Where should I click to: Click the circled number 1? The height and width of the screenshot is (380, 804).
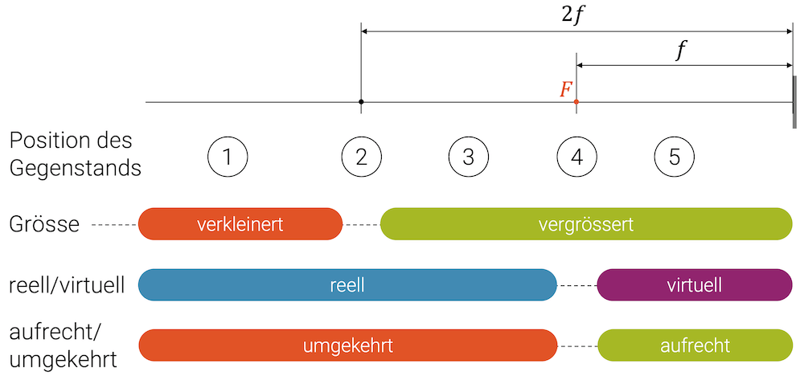[x=228, y=157]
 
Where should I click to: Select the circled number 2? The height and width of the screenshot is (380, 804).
[x=361, y=157]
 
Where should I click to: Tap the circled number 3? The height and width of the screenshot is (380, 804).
[x=469, y=157]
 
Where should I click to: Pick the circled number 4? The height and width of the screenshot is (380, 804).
[x=576, y=157]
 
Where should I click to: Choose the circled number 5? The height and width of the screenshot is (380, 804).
[x=674, y=157]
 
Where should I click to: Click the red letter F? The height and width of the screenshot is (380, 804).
[x=566, y=89]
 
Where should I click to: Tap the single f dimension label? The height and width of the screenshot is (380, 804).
[x=682, y=51]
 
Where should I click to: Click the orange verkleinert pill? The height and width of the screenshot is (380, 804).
[x=240, y=224]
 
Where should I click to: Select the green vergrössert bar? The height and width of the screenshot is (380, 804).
[x=586, y=224]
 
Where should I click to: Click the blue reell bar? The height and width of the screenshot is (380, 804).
[x=347, y=285]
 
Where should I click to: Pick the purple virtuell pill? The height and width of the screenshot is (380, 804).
[x=694, y=285]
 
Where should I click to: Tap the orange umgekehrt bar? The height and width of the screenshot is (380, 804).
[x=347, y=345]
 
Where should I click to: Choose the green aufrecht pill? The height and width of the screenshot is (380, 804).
[x=694, y=345]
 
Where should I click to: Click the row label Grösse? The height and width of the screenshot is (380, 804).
[x=44, y=224]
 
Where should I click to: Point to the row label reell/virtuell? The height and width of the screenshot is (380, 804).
[x=66, y=285]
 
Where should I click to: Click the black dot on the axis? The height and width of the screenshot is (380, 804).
[x=361, y=102]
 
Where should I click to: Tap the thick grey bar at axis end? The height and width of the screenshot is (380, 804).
[x=794, y=102]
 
